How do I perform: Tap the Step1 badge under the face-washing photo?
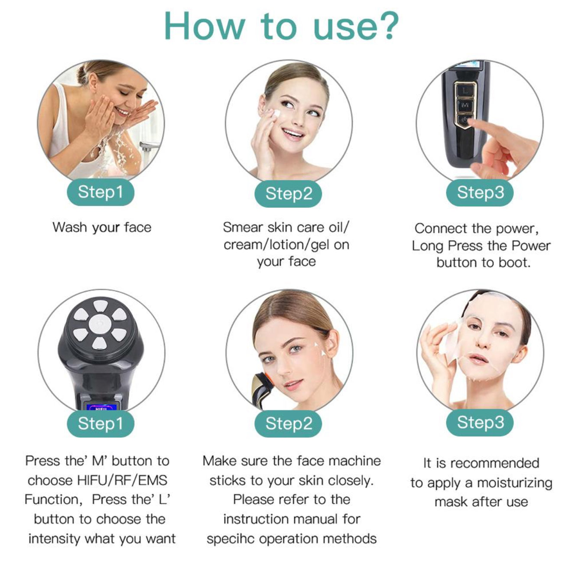coord(101,192)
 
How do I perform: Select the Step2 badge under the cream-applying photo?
coord(288,194)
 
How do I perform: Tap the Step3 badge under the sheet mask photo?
coord(480,422)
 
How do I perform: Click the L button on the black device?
coord(465,90)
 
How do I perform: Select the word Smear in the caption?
coord(243,228)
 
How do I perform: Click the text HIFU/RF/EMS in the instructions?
coord(122,481)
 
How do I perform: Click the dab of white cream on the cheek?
coord(276,114)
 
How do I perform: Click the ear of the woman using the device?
coord(333,344)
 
